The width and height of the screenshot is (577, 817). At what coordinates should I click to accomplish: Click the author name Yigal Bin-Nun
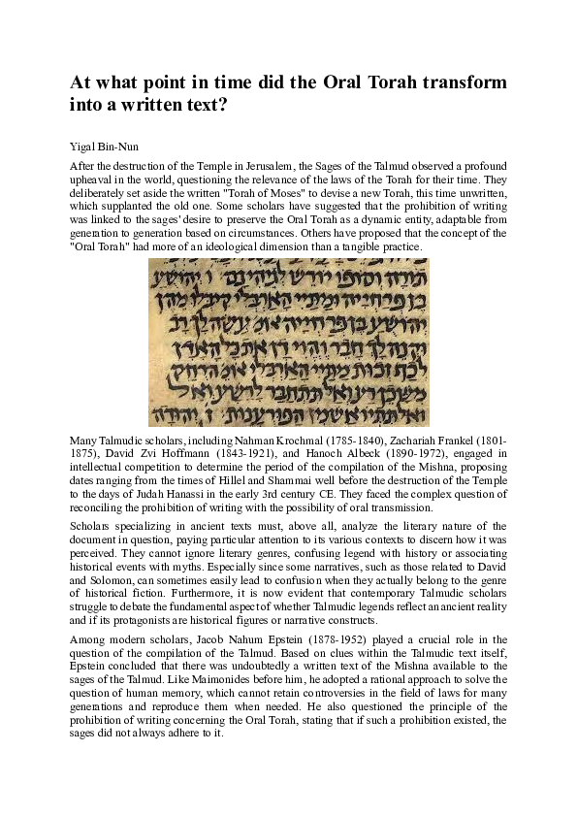coord(98,148)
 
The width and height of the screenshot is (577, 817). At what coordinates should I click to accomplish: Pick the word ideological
coord(274,248)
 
